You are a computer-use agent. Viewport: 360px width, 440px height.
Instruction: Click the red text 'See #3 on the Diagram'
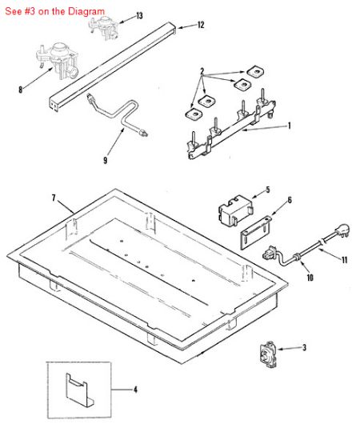coord(54,10)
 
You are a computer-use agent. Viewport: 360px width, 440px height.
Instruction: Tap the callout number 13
coord(139,16)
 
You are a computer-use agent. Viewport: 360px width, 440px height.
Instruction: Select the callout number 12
coord(200,26)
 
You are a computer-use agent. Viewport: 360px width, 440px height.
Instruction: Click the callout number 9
coord(105,160)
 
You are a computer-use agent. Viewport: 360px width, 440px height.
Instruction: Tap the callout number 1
coord(289,125)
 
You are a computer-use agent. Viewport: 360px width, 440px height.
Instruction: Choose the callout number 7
coord(53,197)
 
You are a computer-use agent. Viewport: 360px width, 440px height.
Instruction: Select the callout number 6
coord(289,201)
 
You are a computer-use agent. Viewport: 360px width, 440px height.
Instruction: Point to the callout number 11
coord(345,260)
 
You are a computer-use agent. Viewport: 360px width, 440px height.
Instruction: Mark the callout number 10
coord(310,279)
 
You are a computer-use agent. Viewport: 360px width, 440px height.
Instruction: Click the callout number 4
coord(134,390)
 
